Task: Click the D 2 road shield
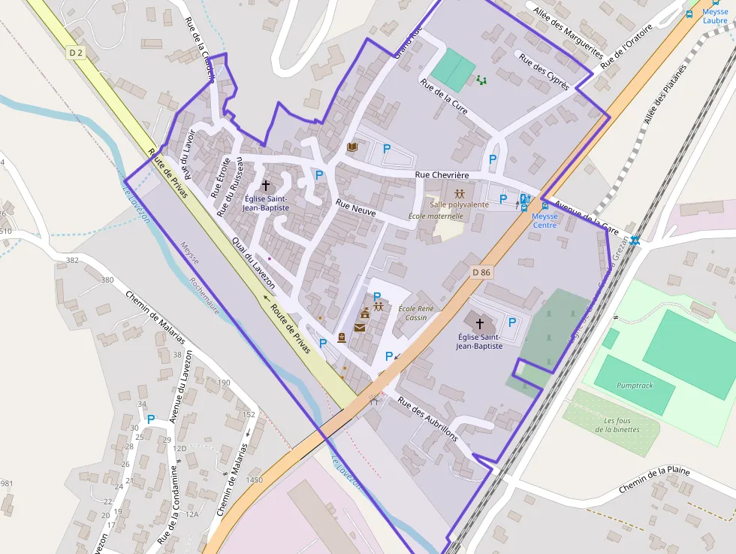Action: click(x=75, y=53)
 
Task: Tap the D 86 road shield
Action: click(x=481, y=271)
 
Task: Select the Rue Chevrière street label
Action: click(x=442, y=175)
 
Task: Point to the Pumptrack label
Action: click(x=635, y=386)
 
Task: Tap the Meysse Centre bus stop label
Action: click(x=544, y=220)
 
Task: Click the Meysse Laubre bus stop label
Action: click(x=714, y=16)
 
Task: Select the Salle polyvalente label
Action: click(x=459, y=204)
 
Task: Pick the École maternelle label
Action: click(x=436, y=216)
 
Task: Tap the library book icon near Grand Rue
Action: click(x=351, y=147)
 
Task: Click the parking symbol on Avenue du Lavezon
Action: click(x=150, y=419)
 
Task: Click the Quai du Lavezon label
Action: click(x=253, y=264)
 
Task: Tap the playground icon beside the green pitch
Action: click(x=481, y=79)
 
